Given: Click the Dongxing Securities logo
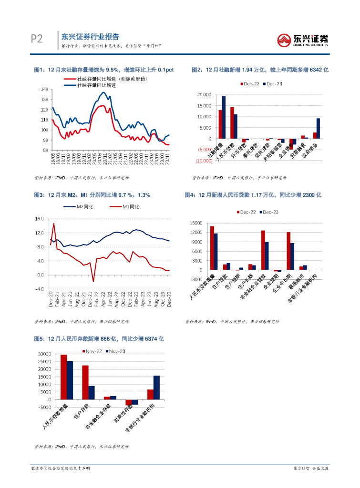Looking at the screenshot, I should point(303,40).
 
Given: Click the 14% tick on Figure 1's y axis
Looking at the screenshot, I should point(45,89).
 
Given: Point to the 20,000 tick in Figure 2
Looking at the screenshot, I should point(204,95).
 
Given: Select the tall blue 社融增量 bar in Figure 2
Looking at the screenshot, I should point(224,117).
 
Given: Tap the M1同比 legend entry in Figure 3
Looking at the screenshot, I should point(126,206).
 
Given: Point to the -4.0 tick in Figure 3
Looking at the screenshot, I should point(39,289).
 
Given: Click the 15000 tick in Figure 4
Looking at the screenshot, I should point(196,223).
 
